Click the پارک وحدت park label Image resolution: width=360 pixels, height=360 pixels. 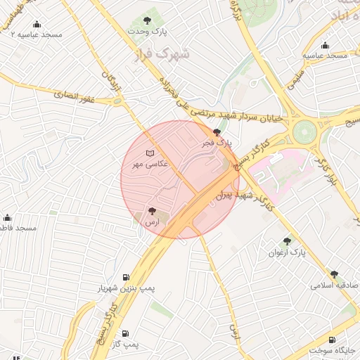tap(147, 32)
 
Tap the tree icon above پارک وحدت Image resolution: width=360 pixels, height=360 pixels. tap(147, 20)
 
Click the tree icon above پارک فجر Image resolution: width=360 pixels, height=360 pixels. tap(217, 131)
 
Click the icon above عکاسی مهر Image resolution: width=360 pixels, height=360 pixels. tap(148, 153)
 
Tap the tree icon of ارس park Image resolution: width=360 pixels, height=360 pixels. tap(152, 211)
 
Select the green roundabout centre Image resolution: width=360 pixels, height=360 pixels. tap(305, 131)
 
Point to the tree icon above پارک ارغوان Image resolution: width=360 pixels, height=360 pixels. tap(286, 241)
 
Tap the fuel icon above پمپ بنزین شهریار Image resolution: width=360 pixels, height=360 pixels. tap(126, 277)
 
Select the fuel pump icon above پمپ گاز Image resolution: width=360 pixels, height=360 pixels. tap(125, 333)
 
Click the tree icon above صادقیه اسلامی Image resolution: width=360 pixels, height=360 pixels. tap(334, 274)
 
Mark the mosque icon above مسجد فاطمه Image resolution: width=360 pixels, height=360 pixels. tap(8, 217)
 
